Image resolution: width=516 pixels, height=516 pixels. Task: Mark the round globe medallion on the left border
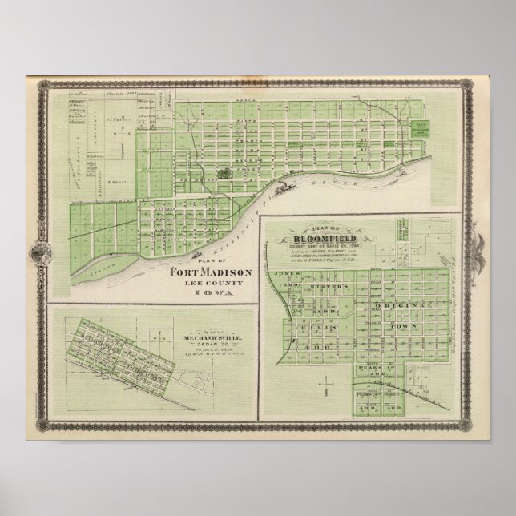(36, 252)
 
